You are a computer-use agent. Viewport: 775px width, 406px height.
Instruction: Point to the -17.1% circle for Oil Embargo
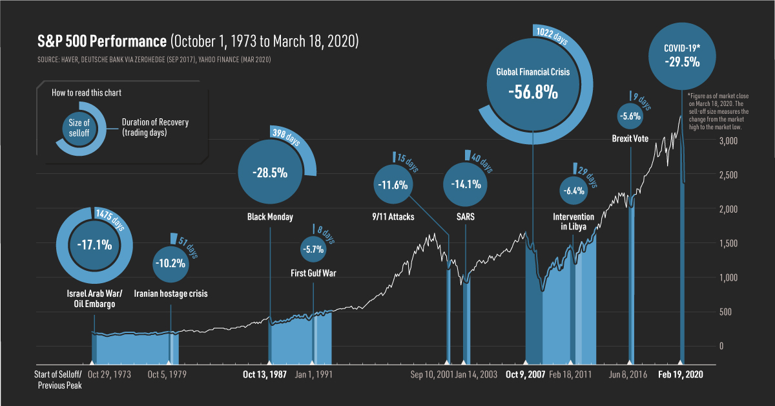coord(94,245)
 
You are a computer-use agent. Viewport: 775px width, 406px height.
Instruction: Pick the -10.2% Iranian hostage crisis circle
coord(170,262)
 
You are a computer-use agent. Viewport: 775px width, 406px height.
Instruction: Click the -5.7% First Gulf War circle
coord(313,248)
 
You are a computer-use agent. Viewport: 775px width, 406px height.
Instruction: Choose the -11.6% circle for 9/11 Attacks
coord(393,185)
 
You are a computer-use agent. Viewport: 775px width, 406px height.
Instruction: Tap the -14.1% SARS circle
coord(465,184)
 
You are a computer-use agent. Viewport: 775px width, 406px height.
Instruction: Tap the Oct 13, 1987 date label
coord(265,374)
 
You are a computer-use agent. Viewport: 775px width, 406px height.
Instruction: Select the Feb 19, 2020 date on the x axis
coord(680,374)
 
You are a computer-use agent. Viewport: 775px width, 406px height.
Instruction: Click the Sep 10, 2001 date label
coord(431,374)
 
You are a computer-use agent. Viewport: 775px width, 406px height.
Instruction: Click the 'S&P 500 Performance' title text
coord(101,42)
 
